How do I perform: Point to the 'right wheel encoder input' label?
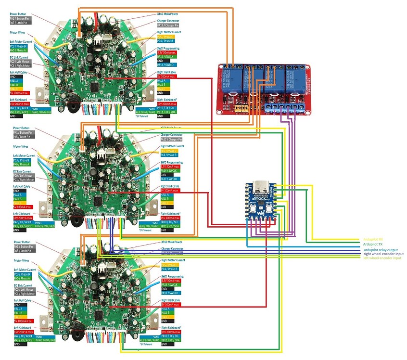(383, 254)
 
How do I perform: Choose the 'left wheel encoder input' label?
(382, 258)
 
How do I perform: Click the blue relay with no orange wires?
(293, 78)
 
